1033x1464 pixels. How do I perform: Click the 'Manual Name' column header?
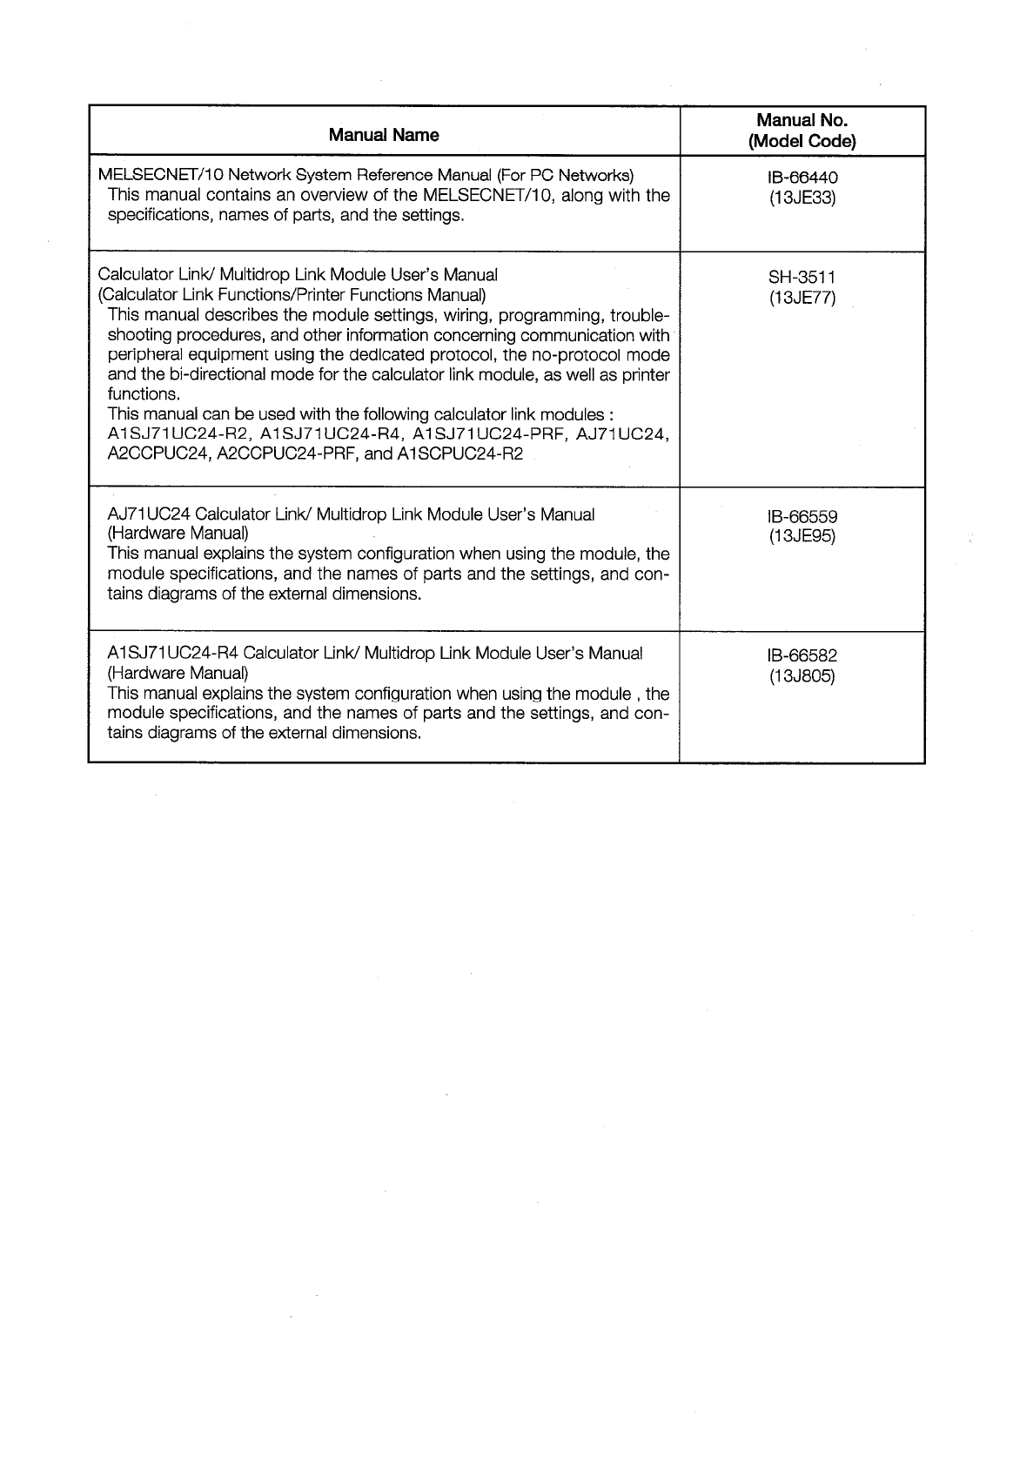384,135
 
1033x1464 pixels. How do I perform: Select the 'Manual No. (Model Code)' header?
802,131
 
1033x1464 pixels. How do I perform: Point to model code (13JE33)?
802,198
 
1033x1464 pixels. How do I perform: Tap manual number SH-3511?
802,278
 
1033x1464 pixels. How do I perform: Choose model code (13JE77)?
802,298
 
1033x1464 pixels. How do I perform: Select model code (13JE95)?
802,536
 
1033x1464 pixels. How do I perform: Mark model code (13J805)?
802,675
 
